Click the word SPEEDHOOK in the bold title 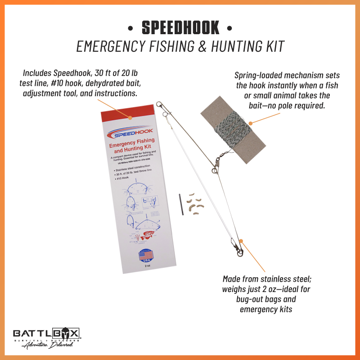click(x=180, y=28)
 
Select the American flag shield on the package click(x=145, y=258)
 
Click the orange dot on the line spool click(x=251, y=121)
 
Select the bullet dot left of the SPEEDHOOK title click(x=130, y=29)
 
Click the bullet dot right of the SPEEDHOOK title click(x=229, y=29)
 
